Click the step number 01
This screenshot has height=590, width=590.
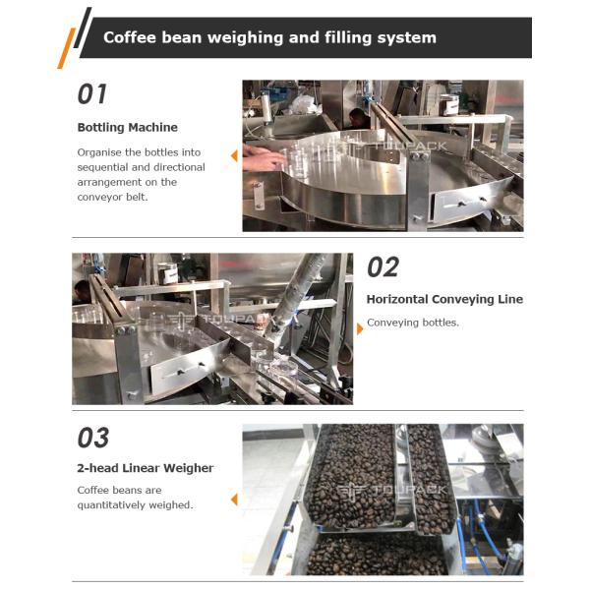click(x=91, y=93)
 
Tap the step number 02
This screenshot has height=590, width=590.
click(x=383, y=266)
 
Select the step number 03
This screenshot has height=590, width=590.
click(x=93, y=438)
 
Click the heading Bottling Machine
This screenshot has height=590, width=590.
click(x=127, y=127)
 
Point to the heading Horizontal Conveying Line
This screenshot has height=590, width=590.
click(x=444, y=299)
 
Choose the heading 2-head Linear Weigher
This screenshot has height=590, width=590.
click(x=146, y=468)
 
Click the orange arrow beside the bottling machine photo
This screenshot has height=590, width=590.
click(x=234, y=155)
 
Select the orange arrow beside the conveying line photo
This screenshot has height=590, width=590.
click(x=360, y=328)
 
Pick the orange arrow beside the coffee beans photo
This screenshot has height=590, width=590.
click(x=234, y=500)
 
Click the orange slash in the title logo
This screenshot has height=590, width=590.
click(x=66, y=48)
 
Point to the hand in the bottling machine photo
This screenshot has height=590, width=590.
click(x=263, y=157)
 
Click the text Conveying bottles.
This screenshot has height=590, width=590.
click(x=413, y=323)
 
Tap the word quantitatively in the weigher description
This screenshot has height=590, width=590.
click(x=112, y=505)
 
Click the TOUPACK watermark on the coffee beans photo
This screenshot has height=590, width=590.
click(x=391, y=490)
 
